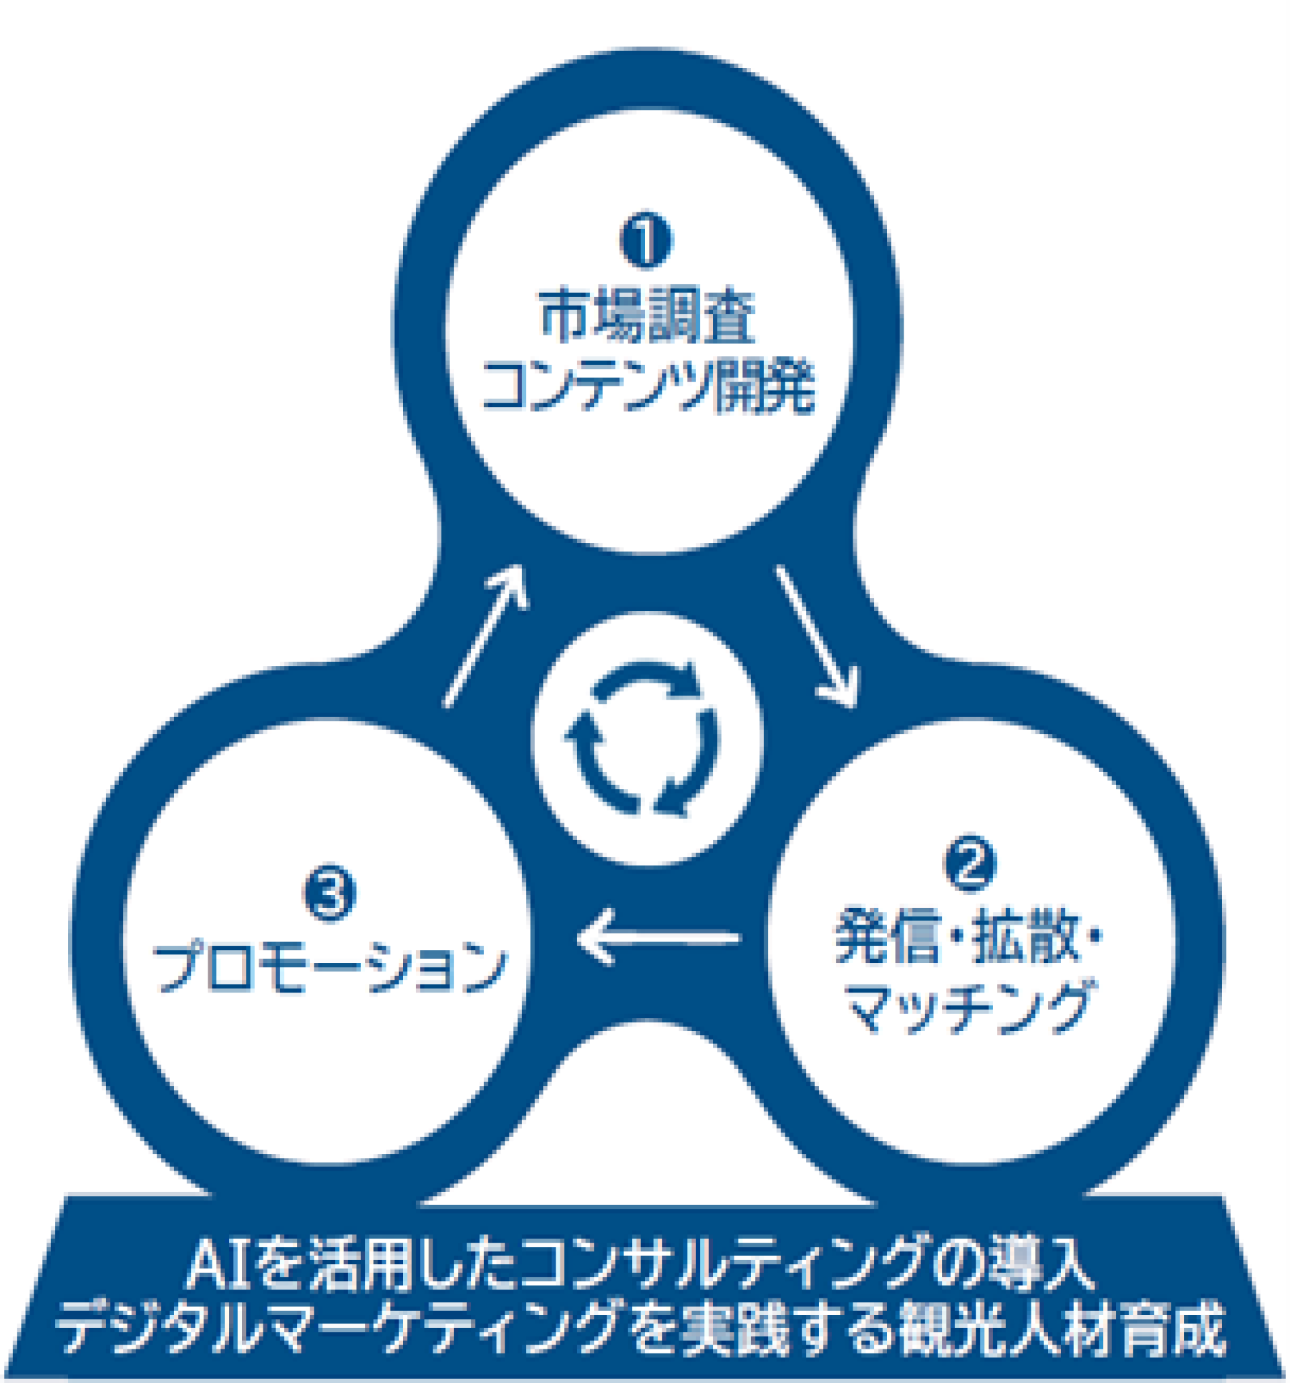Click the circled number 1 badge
[646, 240]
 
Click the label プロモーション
[329, 967]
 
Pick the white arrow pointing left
[657, 938]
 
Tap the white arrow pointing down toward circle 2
[816, 636]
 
